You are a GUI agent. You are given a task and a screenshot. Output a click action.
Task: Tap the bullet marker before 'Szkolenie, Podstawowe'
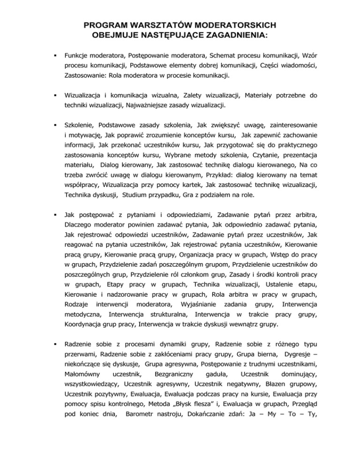coord(56,126)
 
